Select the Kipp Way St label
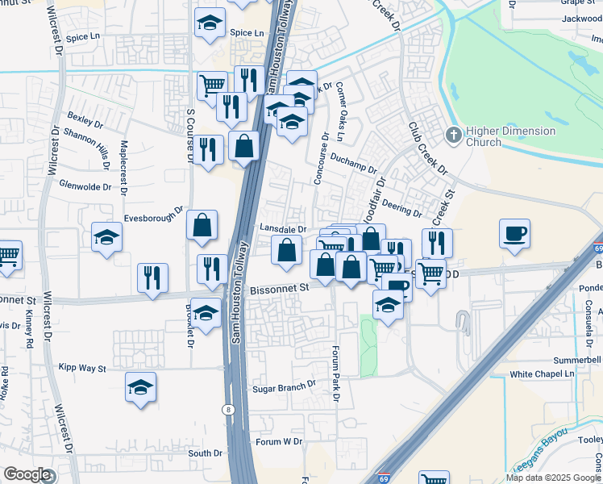[x=81, y=368]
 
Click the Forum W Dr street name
[x=278, y=442]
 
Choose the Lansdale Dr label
[x=283, y=228]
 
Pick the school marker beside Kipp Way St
[x=140, y=388]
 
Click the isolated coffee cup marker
[x=514, y=234]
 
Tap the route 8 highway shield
[x=228, y=410]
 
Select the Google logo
[x=27, y=474]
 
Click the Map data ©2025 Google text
[x=554, y=478]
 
